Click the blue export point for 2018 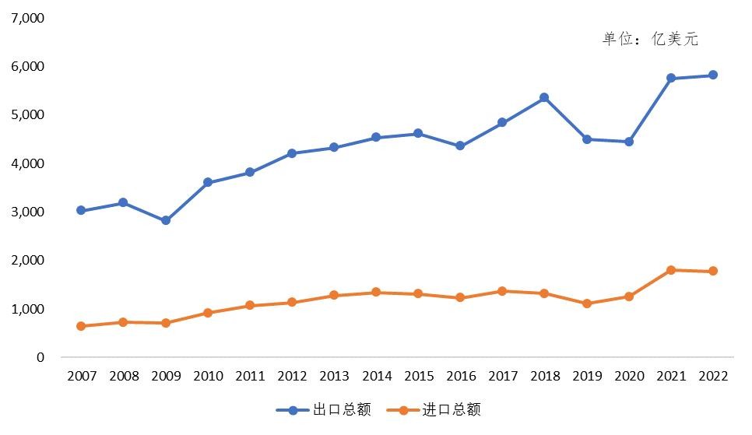(x=544, y=97)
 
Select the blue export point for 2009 (x=166, y=220)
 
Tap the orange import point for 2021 (x=670, y=270)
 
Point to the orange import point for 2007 (x=82, y=326)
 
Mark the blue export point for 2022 (x=712, y=75)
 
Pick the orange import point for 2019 (x=586, y=303)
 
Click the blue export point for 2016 (x=460, y=146)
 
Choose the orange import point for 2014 (x=376, y=293)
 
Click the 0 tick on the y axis (x=40, y=357)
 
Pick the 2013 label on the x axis (x=334, y=377)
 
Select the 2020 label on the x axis (x=628, y=377)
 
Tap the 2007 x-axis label (x=82, y=377)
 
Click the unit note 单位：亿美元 (x=650, y=40)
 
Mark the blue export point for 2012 (x=292, y=153)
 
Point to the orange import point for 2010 (x=208, y=313)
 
